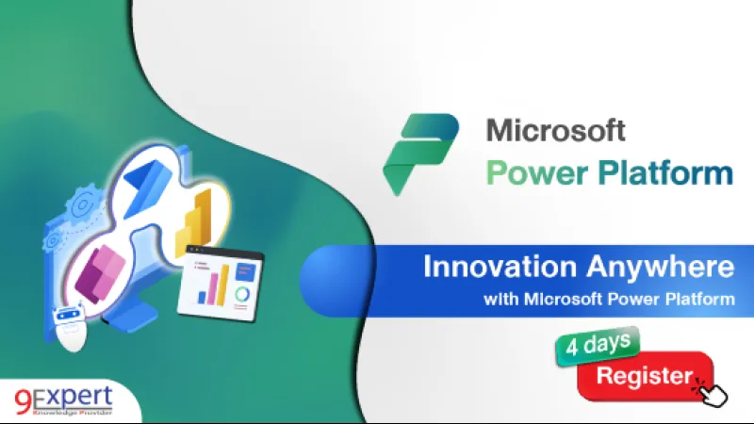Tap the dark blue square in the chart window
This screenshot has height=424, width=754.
(x=246, y=271)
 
